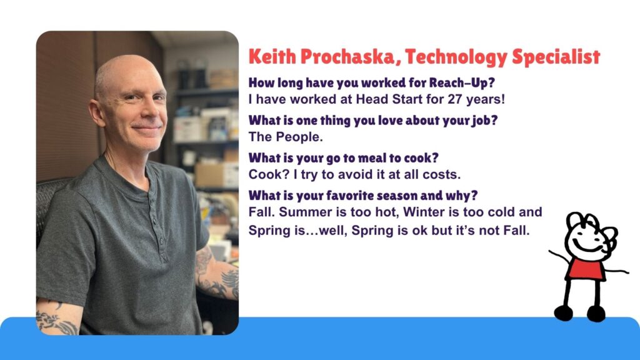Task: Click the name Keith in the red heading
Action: [x=272, y=56]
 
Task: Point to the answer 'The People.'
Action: [x=286, y=137]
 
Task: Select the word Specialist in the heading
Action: [x=556, y=57]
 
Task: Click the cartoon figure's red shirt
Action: [x=585, y=269]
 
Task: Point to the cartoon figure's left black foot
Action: [x=564, y=313]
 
